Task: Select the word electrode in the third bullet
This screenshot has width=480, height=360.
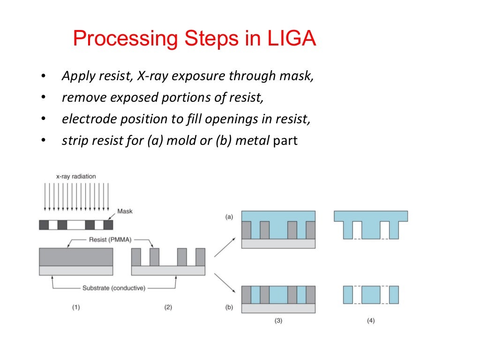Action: click(x=85, y=119)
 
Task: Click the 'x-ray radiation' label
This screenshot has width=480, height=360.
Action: click(x=76, y=177)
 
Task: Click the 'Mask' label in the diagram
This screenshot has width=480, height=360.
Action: click(x=125, y=211)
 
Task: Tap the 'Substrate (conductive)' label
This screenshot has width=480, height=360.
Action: click(x=114, y=287)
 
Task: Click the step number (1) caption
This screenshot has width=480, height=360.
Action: click(x=76, y=307)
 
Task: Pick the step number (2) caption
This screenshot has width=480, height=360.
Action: click(x=168, y=307)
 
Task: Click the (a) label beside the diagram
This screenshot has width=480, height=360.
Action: click(x=229, y=217)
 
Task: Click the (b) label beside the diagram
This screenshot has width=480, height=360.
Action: click(x=229, y=307)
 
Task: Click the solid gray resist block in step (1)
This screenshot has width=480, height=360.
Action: click(x=76, y=256)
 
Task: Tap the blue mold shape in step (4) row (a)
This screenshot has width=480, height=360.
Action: click(x=370, y=216)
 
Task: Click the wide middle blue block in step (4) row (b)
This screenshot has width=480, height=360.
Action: click(x=370, y=295)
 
